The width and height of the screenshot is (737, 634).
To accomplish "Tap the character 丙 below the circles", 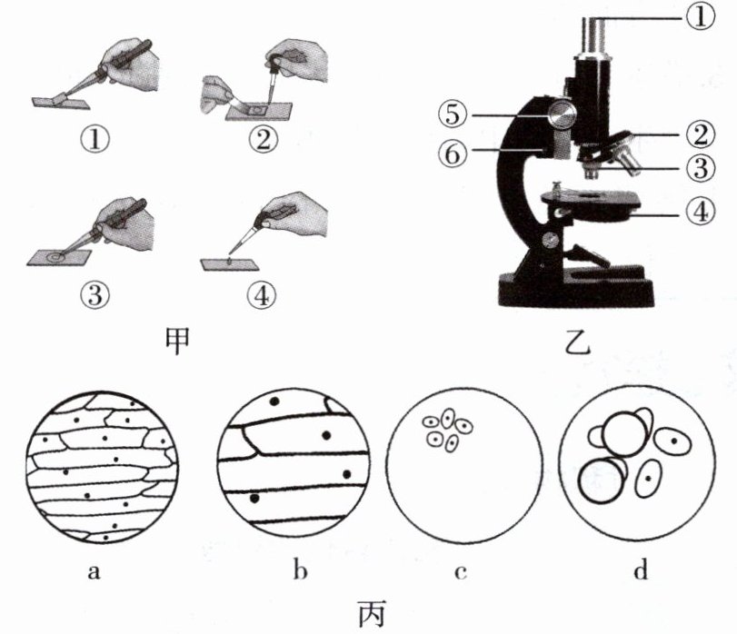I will click(370, 615).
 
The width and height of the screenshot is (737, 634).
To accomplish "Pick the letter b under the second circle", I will click(299, 571).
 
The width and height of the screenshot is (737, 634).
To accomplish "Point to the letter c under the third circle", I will click(463, 571).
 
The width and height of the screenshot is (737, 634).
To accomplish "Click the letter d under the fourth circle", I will click(642, 571).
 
